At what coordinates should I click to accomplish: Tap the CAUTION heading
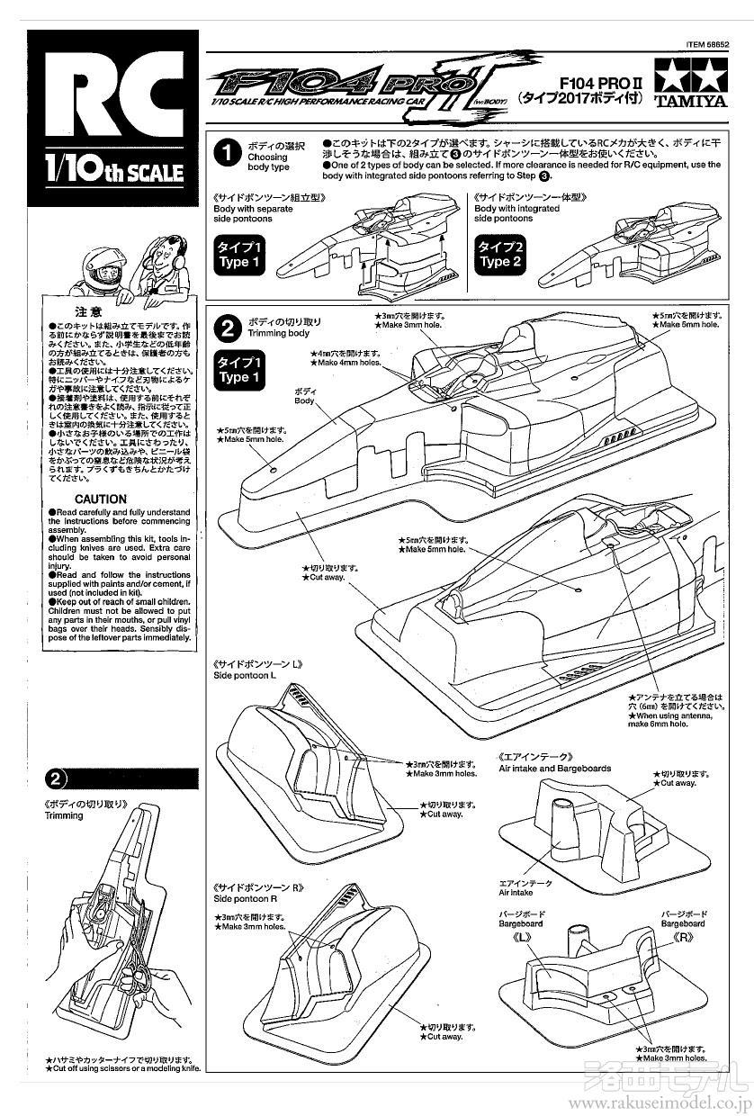tap(101, 499)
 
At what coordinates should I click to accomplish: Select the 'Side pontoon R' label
tap(244, 898)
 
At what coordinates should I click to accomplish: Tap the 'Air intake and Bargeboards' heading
tap(554, 769)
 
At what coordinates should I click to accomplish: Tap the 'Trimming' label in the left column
tap(63, 815)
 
